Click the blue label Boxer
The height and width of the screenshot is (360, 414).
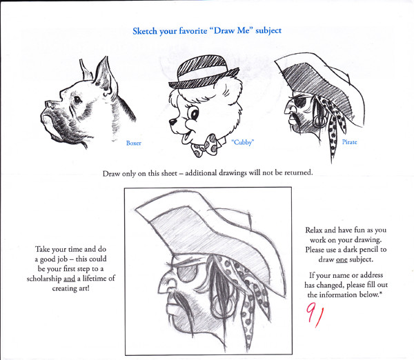pos(134,143)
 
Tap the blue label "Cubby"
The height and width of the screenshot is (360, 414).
pos(243,142)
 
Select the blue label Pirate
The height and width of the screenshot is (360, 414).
pos(349,142)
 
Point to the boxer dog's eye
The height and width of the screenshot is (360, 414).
pos(77,100)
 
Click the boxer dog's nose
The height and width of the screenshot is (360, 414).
pos(49,104)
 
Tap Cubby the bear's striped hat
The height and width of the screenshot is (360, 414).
pos(203,71)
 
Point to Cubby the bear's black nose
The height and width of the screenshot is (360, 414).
pos(172,122)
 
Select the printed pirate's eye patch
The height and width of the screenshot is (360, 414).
pos(300,101)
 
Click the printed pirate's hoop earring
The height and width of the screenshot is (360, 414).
pos(318,121)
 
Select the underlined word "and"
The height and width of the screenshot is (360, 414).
pos(70,279)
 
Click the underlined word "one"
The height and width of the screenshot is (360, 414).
pos(342,260)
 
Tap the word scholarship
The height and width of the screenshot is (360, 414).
pos(44,279)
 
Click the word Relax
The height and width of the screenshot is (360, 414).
pos(314,230)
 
